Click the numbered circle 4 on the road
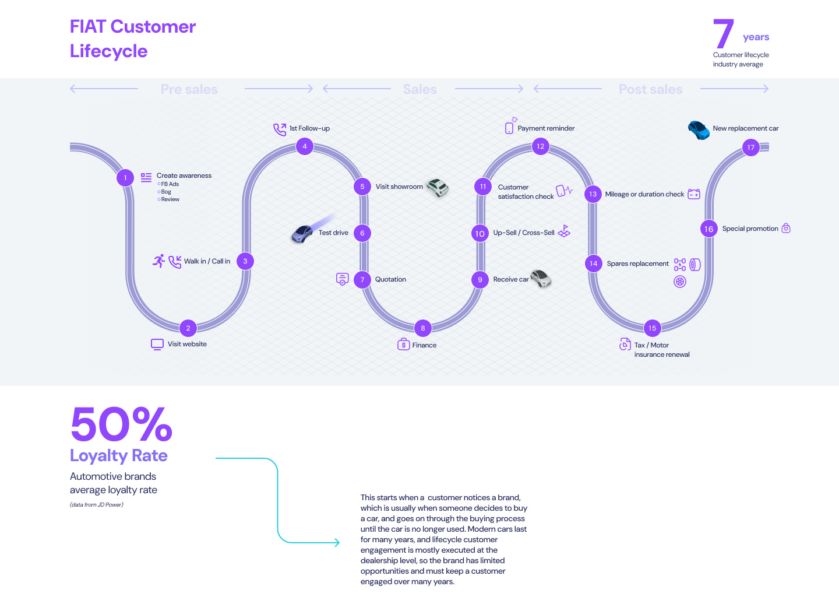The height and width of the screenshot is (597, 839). [305, 146]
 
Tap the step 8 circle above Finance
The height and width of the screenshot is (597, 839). [423, 328]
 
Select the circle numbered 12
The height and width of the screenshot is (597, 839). [541, 146]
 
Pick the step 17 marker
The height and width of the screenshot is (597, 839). [751, 148]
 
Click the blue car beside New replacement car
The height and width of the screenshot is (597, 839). [699, 129]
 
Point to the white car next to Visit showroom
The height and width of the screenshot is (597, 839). [438, 187]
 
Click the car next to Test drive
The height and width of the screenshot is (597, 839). [302, 234]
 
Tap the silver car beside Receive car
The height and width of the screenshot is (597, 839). [541, 278]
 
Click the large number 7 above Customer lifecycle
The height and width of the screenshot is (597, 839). [723, 34]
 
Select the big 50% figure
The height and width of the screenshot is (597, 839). [121, 424]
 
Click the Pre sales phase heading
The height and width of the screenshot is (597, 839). [189, 89]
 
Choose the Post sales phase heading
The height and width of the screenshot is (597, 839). [650, 89]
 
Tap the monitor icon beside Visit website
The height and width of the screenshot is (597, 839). [157, 344]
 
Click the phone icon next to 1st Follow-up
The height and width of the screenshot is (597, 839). [280, 129]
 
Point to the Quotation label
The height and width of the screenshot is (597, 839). [390, 280]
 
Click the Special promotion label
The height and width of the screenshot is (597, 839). [750, 229]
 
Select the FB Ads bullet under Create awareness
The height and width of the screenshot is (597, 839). [170, 184]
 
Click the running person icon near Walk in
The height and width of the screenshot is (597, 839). [158, 261]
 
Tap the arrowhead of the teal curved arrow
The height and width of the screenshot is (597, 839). [337, 543]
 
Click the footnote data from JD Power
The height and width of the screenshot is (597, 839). [97, 505]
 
